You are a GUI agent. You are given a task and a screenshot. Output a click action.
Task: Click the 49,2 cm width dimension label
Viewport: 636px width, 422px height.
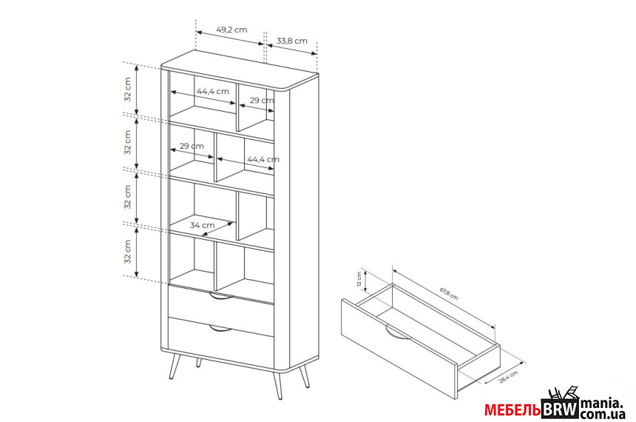231,30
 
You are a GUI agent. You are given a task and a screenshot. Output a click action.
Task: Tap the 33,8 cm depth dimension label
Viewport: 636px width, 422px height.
292,41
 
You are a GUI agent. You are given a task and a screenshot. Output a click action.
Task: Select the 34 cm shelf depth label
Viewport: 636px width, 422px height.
203,225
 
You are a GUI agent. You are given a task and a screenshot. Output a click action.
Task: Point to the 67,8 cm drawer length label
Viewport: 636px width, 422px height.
449,294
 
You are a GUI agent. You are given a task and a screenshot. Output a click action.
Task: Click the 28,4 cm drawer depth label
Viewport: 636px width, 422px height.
508,377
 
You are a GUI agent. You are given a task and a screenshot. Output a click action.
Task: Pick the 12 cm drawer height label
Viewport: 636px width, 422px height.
359,278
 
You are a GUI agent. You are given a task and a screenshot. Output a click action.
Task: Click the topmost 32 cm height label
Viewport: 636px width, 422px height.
128,90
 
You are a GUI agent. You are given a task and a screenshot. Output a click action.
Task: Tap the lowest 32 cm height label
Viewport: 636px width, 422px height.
128,252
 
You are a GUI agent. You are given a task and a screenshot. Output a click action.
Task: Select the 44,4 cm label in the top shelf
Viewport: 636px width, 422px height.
213,91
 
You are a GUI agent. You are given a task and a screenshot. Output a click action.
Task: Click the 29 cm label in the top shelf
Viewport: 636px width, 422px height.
262,101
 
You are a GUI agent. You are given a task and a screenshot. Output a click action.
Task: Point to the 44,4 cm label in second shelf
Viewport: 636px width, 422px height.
263,159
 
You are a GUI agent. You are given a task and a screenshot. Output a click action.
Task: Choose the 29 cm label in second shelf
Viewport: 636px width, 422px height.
192,146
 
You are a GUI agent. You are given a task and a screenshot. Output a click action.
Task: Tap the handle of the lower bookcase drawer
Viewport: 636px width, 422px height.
221,328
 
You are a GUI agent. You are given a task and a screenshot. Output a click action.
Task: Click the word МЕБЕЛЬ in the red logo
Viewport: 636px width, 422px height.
512,410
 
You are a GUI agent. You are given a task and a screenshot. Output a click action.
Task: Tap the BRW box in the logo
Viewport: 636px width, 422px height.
560,409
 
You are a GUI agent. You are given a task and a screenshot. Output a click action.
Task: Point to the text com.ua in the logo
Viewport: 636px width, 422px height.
603,414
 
